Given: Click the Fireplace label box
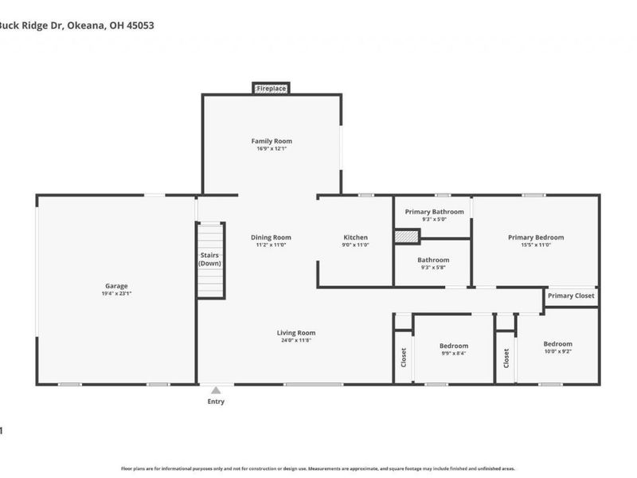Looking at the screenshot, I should (272, 88).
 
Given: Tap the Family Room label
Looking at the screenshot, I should (272, 141).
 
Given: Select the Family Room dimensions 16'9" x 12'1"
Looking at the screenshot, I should (272, 149).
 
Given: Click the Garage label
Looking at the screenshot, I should (116, 286).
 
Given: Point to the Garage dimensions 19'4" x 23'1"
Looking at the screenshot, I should (116, 294).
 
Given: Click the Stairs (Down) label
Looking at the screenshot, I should (209, 259).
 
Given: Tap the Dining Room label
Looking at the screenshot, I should (271, 237).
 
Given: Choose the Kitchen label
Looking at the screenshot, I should (355, 237).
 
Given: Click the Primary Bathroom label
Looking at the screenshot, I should (434, 211).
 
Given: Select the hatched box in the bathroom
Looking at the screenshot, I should (407, 237).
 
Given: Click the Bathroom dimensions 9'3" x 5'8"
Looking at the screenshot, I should (433, 268).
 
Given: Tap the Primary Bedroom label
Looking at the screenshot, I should (536, 237).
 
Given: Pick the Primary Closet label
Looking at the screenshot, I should (571, 296).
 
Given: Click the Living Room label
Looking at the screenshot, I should (296, 333).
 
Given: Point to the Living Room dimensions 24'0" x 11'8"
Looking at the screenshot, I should (296, 341).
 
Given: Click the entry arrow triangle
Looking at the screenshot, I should (215, 390).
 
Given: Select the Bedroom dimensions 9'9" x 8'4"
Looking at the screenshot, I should (454, 354).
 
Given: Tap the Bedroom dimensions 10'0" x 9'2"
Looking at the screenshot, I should (557, 352).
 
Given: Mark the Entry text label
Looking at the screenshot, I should (216, 402).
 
